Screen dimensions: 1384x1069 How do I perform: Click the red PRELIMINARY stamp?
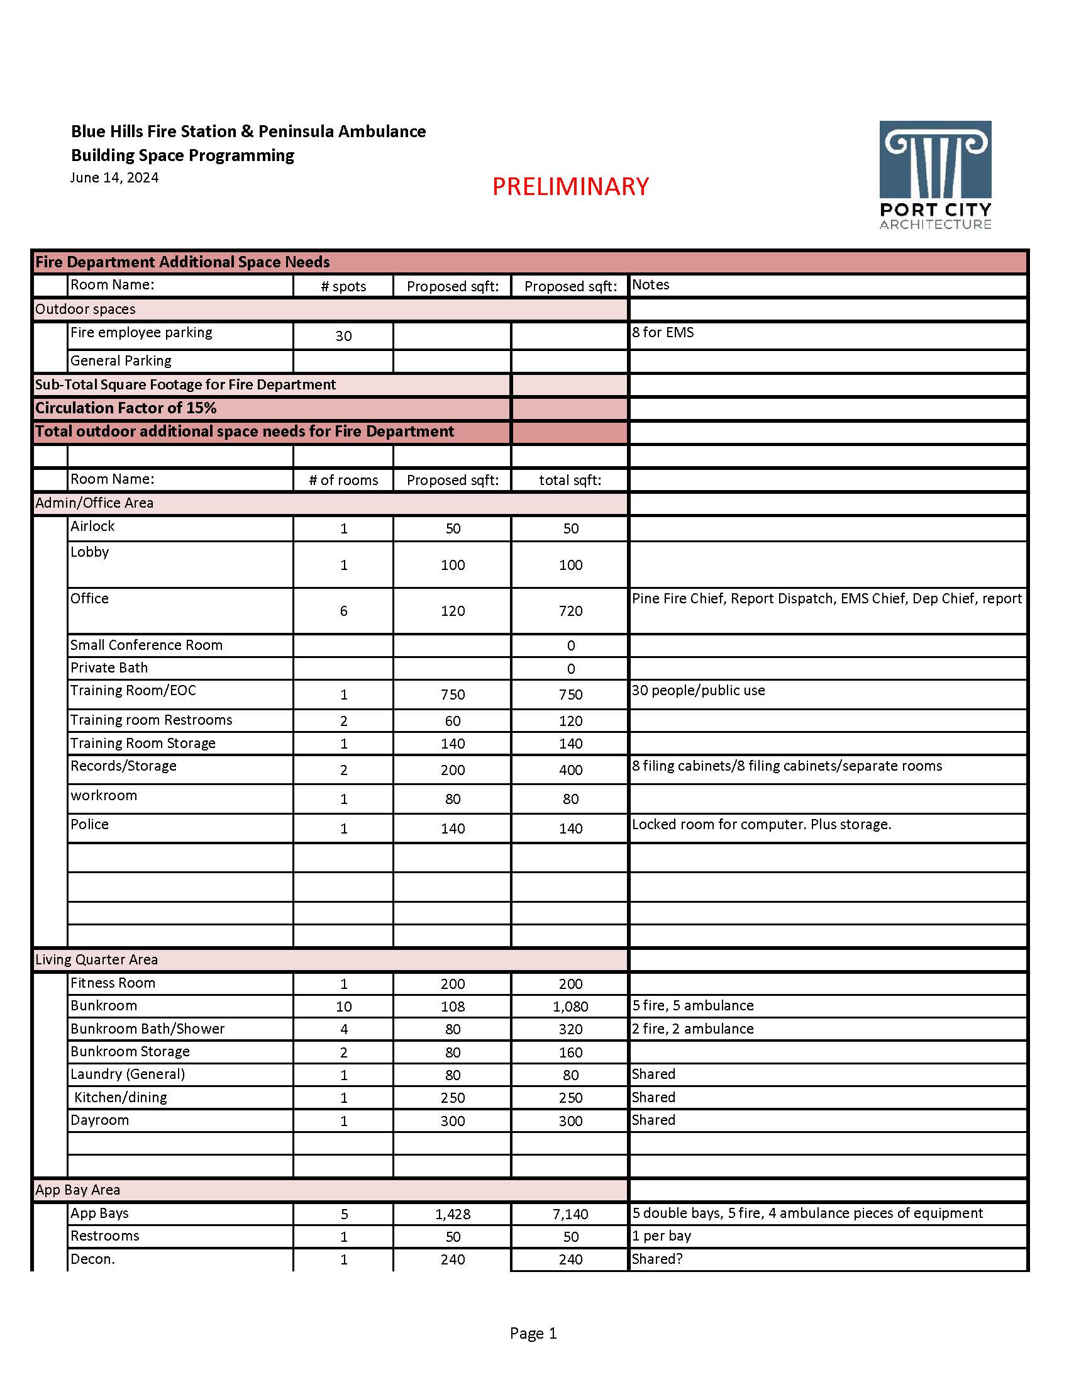point(570,186)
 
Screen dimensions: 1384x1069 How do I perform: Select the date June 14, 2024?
point(114,177)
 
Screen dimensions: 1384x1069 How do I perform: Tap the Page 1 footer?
point(533,1333)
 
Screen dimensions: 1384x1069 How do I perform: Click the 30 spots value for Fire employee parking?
point(343,336)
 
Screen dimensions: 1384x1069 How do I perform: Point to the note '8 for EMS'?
point(662,333)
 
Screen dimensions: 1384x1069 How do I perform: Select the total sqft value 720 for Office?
point(570,611)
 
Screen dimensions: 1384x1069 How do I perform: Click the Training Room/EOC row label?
point(133,690)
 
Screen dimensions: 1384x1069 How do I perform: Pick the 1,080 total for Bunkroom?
point(570,1007)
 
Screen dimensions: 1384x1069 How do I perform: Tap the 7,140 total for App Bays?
point(570,1214)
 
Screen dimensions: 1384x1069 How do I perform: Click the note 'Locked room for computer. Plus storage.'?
point(762,825)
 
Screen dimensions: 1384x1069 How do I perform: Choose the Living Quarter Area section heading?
point(96,959)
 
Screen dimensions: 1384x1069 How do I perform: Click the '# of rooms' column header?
point(343,481)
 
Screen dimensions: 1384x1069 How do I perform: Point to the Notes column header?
point(650,284)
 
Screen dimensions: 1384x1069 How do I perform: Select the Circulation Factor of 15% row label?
point(125,408)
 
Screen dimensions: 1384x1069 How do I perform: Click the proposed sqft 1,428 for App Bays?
point(452,1214)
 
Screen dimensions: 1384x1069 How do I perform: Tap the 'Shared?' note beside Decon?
point(656,1259)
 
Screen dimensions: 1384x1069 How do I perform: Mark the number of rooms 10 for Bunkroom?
point(343,1007)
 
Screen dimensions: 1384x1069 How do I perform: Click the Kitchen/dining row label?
point(120,1098)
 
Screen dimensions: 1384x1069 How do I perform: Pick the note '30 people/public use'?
point(698,690)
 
